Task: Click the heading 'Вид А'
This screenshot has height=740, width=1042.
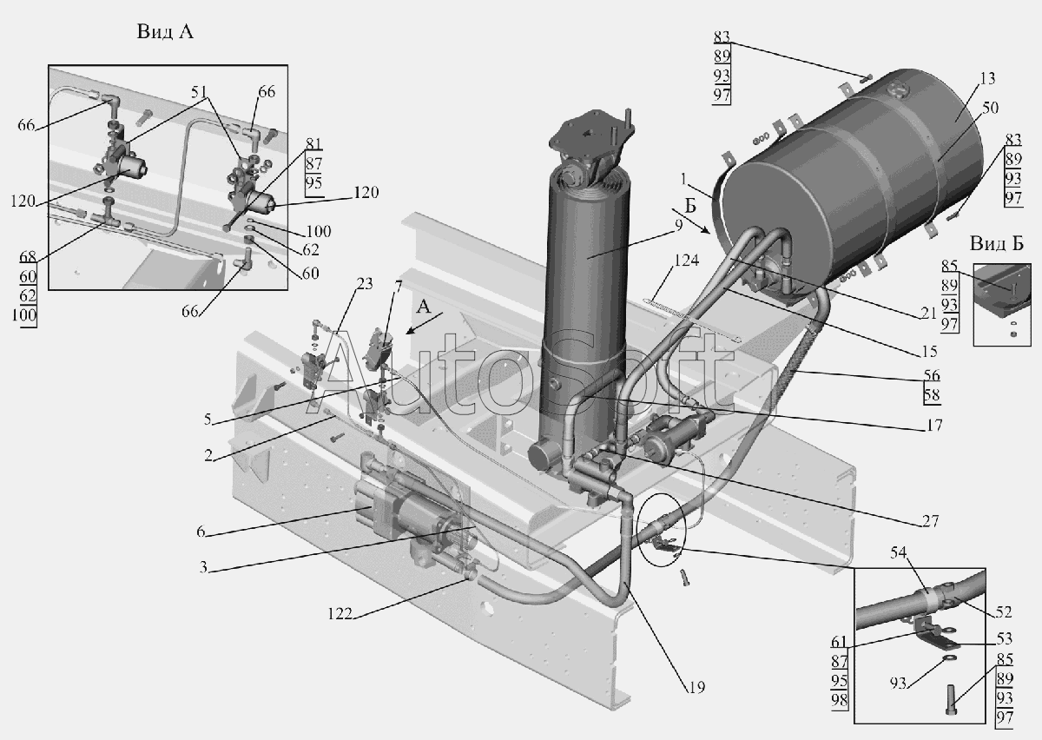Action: point(165,32)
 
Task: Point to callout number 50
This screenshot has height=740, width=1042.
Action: point(991,108)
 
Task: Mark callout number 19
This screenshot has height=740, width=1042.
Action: point(694,687)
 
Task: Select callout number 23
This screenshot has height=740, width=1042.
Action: point(365,282)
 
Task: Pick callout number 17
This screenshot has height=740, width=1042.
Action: point(934,426)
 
